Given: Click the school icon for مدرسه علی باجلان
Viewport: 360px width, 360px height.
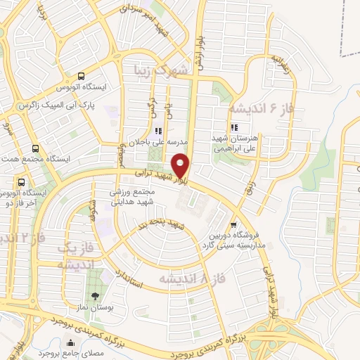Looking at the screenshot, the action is tap(157, 131).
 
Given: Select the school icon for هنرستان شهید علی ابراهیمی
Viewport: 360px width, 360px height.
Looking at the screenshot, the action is tap(234, 127).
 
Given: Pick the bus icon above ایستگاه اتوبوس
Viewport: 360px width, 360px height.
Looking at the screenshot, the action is tap(82, 77).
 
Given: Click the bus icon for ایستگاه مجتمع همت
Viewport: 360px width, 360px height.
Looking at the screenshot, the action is tap(36, 148).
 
